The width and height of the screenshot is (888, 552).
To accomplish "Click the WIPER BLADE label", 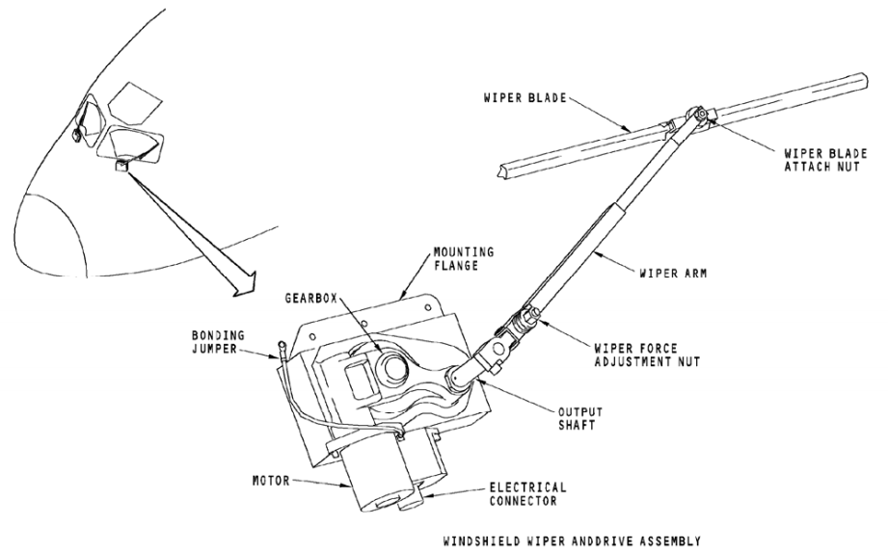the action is (x=525, y=98).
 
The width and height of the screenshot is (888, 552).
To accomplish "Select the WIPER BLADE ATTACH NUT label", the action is (x=825, y=160).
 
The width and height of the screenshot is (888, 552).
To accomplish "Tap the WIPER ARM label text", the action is (x=673, y=274).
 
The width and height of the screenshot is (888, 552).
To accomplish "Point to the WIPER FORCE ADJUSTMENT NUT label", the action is (x=647, y=355).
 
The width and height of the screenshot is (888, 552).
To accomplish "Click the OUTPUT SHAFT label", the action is (x=579, y=418).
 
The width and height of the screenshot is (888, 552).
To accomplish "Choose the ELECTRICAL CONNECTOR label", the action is (x=527, y=494).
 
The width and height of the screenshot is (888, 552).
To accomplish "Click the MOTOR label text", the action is (x=271, y=482).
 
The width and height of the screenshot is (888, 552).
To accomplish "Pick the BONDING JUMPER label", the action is (x=218, y=342).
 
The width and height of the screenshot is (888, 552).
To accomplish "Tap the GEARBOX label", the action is (x=310, y=298).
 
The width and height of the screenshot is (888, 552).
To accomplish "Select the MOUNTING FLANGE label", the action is (x=463, y=258).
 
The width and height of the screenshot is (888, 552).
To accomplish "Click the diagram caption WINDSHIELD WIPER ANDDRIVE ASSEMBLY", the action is (x=572, y=541).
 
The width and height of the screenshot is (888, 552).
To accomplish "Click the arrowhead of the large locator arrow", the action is (x=246, y=284).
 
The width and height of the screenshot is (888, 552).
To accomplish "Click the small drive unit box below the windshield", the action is (x=122, y=166).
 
